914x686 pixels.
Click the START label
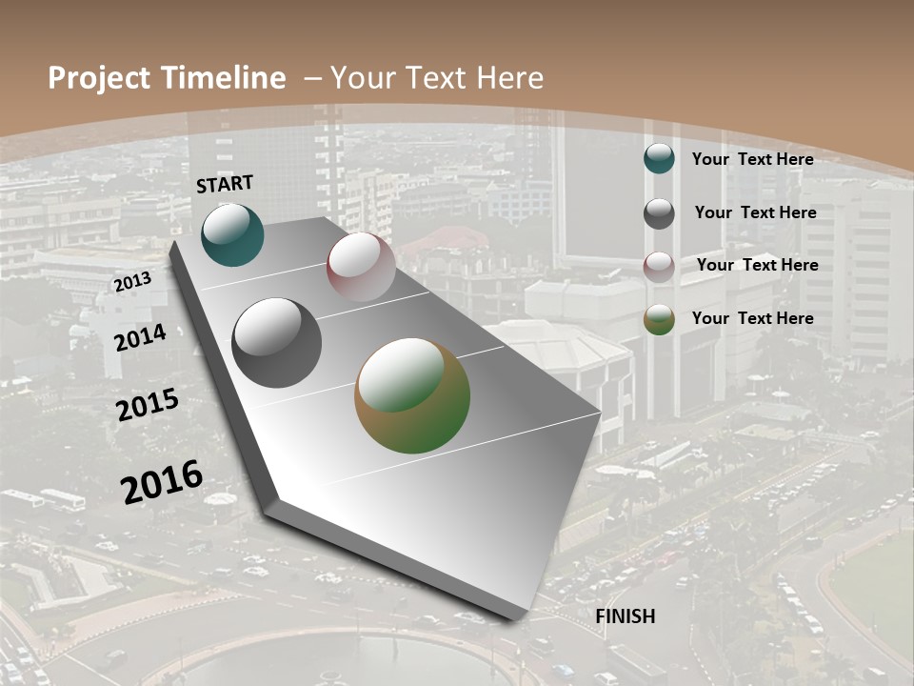(x=225, y=184)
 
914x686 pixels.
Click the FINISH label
(x=626, y=616)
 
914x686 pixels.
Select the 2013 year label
(x=132, y=282)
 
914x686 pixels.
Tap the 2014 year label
(x=141, y=337)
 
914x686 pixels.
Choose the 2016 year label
(x=162, y=481)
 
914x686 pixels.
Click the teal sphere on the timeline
(x=232, y=234)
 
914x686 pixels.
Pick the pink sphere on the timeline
(x=361, y=267)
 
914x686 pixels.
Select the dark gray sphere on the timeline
(x=277, y=343)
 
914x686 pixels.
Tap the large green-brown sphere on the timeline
(x=412, y=395)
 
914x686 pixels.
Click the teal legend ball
(x=659, y=159)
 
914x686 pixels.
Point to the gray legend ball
(x=659, y=213)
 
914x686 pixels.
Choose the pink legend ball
(x=659, y=267)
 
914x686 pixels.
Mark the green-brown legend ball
(x=659, y=319)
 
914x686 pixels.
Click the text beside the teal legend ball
(x=752, y=159)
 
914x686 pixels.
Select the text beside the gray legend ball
(x=755, y=212)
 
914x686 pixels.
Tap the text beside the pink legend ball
(x=757, y=265)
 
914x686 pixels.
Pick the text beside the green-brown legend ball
(x=752, y=318)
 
